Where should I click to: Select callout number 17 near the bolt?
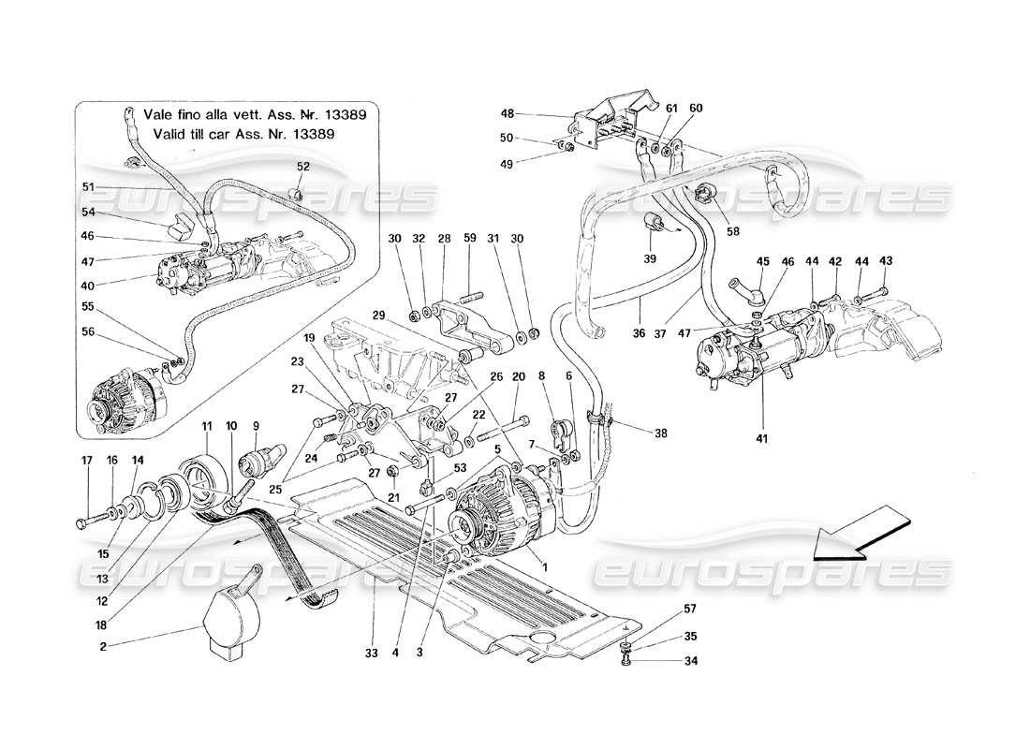click(87, 461)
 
